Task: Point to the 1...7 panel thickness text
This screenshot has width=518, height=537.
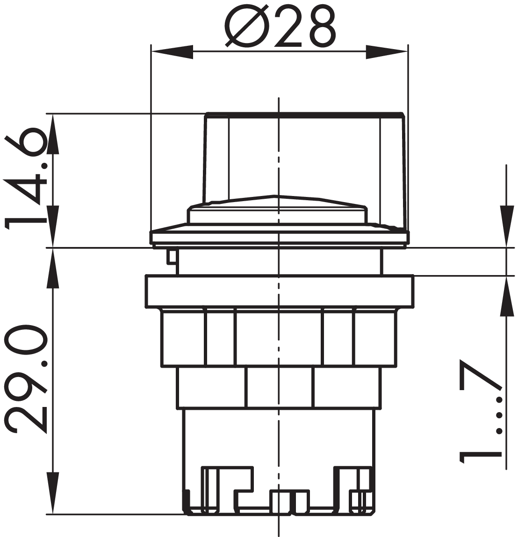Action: pos(480,411)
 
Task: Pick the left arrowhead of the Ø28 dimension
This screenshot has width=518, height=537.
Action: pos(172,52)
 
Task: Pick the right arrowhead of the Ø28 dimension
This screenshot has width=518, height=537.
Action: pos(387,52)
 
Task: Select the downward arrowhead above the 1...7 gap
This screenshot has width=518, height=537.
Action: pos(507,226)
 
